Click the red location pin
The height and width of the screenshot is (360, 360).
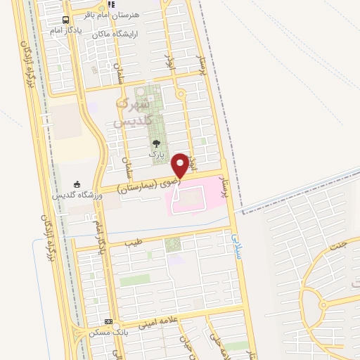[x=181, y=165]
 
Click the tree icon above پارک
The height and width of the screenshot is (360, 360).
[x=156, y=142]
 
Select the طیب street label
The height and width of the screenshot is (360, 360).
[x=133, y=243]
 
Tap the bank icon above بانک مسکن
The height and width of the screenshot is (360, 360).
[x=108, y=321]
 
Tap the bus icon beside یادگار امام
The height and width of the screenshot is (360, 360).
[x=66, y=20]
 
